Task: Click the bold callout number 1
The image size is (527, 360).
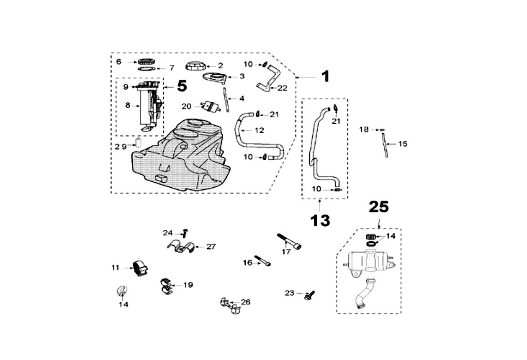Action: (325, 76)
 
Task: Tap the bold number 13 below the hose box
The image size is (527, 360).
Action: (320, 220)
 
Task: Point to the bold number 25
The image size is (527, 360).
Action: (378, 207)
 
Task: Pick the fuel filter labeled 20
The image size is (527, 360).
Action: (210, 106)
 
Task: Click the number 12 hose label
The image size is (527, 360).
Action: (259, 130)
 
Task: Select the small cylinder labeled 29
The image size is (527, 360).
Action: (138, 144)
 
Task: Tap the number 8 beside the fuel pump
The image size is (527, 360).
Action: (127, 105)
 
